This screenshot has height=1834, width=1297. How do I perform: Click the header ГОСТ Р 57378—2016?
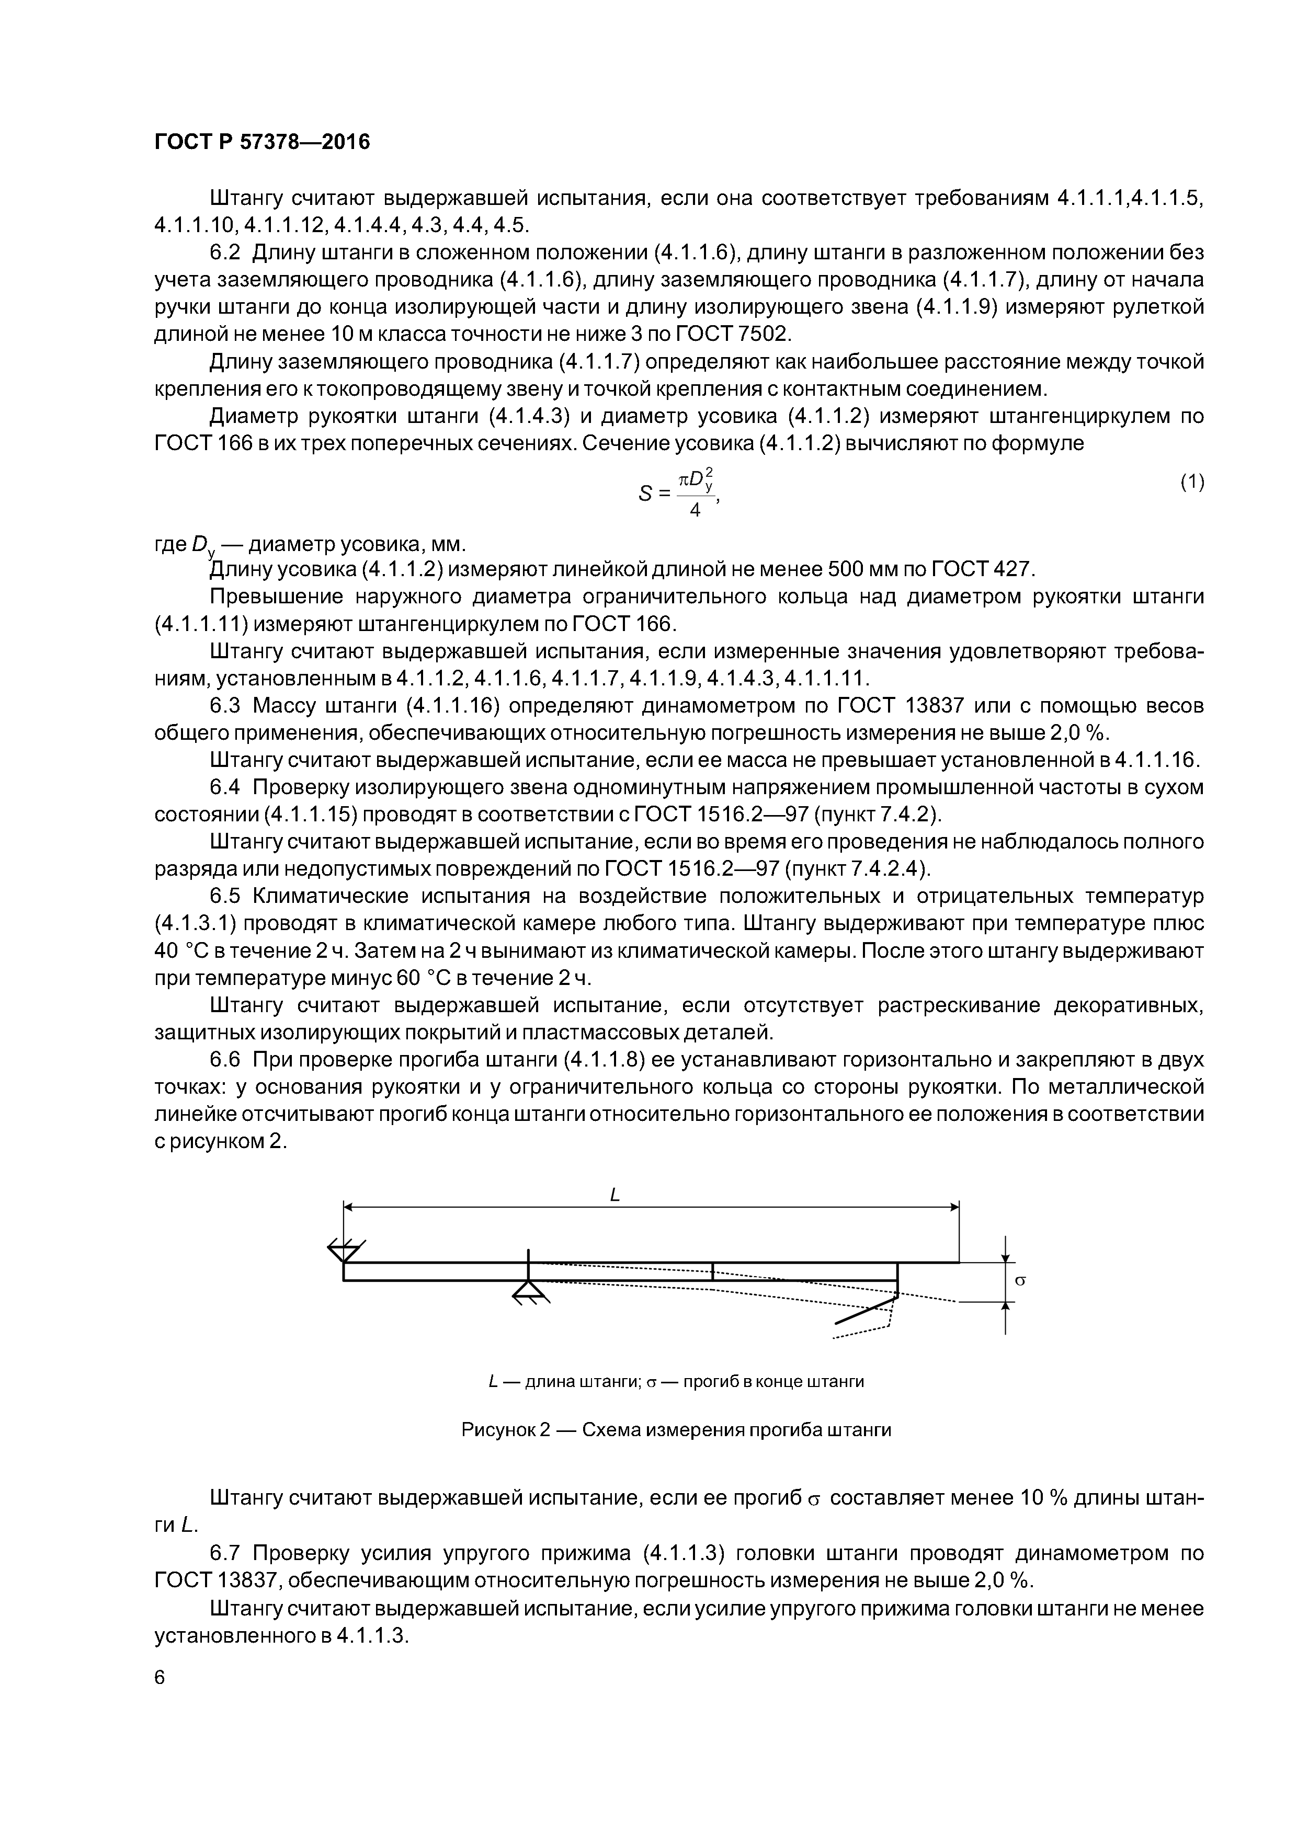(x=262, y=143)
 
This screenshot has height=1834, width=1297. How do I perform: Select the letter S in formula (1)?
(x=646, y=495)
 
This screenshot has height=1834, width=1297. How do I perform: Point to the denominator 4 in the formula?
(x=695, y=510)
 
